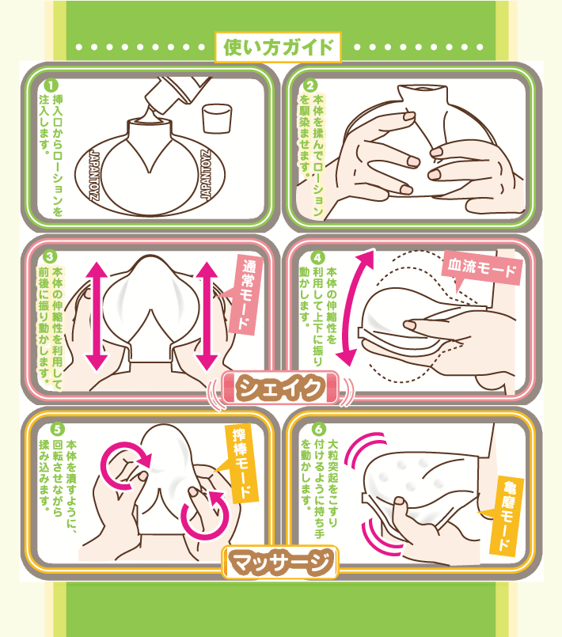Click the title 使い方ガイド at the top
pyautogui.click(x=278, y=47)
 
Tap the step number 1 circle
pyautogui.click(x=51, y=85)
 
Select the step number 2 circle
pyautogui.click(x=310, y=85)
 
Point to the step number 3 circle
pyautogui.click(x=51, y=256)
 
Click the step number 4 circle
pyautogui.click(x=317, y=257)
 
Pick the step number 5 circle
pyautogui.click(x=58, y=429)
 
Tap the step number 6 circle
pyautogui.click(x=319, y=429)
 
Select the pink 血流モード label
pyautogui.click(x=482, y=268)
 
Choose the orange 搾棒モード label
pyautogui.click(x=241, y=463)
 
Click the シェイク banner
pyautogui.click(x=280, y=388)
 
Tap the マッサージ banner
pyautogui.click(x=280, y=562)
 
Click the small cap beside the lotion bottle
pyautogui.click(x=217, y=118)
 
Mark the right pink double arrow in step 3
pyautogui.click(x=207, y=316)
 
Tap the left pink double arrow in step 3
pyautogui.click(x=97, y=316)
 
